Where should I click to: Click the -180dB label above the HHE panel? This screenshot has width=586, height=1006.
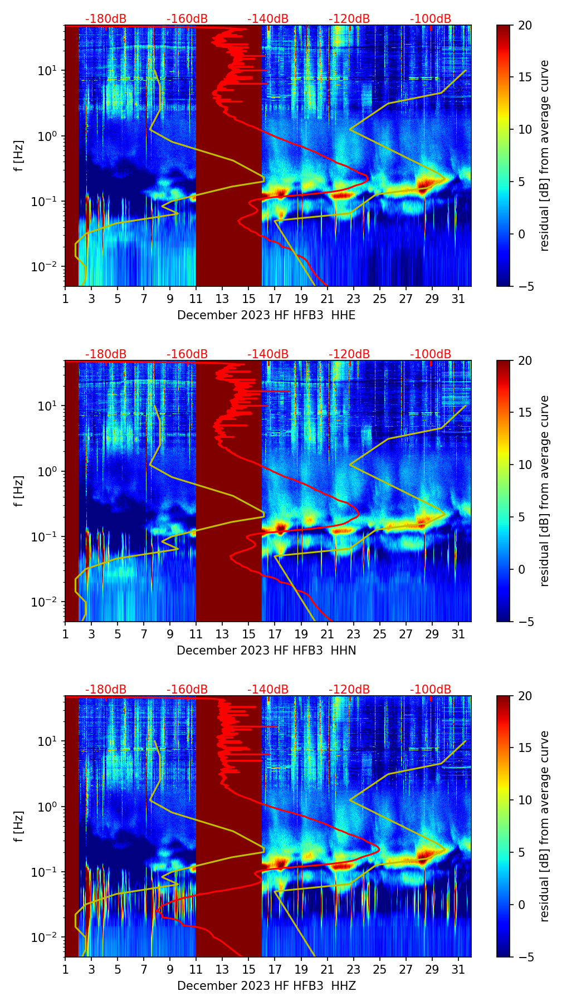[x=106, y=19]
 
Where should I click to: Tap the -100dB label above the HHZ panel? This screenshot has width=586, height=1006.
[x=431, y=690]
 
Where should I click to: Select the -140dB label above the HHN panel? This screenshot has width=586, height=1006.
[x=268, y=354]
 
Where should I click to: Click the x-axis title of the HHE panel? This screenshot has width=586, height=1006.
[x=266, y=315]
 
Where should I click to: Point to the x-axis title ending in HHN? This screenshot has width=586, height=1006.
[x=266, y=651]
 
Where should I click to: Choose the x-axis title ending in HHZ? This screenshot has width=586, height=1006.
[x=266, y=986]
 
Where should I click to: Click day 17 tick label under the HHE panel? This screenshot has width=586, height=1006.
[x=275, y=299]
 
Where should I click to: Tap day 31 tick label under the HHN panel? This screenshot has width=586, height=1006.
[x=458, y=634]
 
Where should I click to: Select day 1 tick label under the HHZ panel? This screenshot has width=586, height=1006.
[x=65, y=969]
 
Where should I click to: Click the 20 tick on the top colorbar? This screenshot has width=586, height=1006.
[x=525, y=25]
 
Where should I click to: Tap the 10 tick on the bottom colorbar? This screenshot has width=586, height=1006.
[x=525, y=800]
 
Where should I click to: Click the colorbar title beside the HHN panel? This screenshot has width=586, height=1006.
[x=544, y=491]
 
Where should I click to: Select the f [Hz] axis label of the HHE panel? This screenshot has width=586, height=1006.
[x=19, y=156]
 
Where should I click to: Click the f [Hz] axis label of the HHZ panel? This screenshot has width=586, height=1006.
[x=19, y=827]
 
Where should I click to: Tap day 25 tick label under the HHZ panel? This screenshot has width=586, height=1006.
[x=380, y=969]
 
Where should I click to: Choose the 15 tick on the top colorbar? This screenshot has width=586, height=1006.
[x=525, y=77]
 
